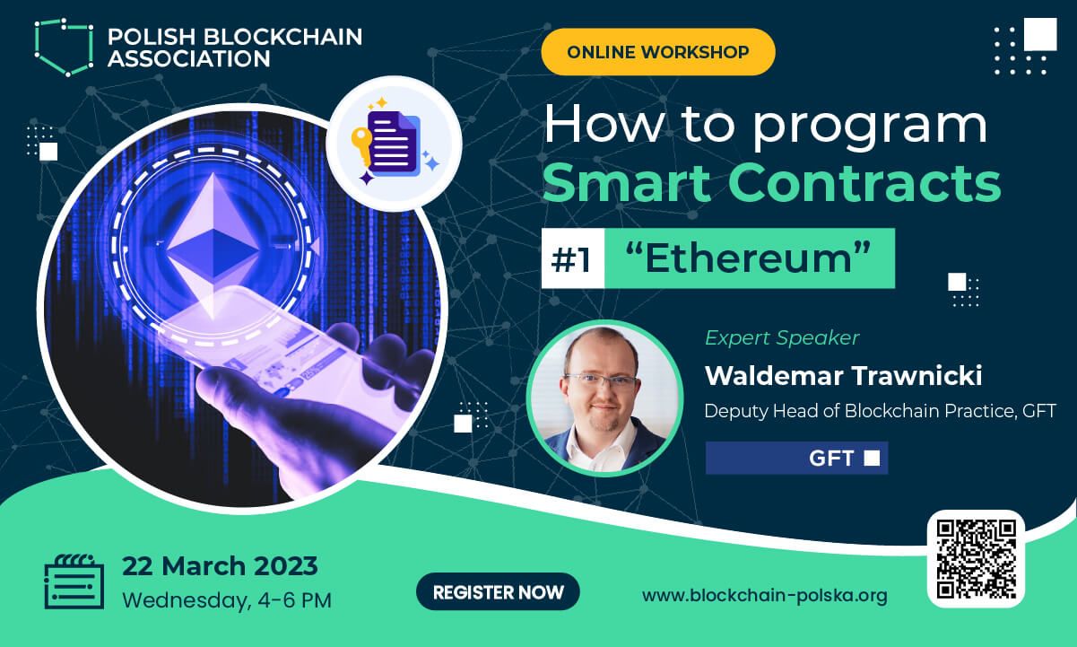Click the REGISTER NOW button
[x=498, y=592]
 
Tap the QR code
[x=976, y=558]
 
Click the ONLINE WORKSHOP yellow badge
[x=657, y=51]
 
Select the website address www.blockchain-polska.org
[x=765, y=595]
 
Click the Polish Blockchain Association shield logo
[x=64, y=47]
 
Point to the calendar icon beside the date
[x=74, y=581]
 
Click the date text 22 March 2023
[x=220, y=566]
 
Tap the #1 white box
[x=571, y=259]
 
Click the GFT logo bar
[x=796, y=459]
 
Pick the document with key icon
[x=393, y=143]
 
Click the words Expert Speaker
[x=782, y=337]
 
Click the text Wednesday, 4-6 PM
[x=227, y=599]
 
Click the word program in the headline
[x=868, y=126]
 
